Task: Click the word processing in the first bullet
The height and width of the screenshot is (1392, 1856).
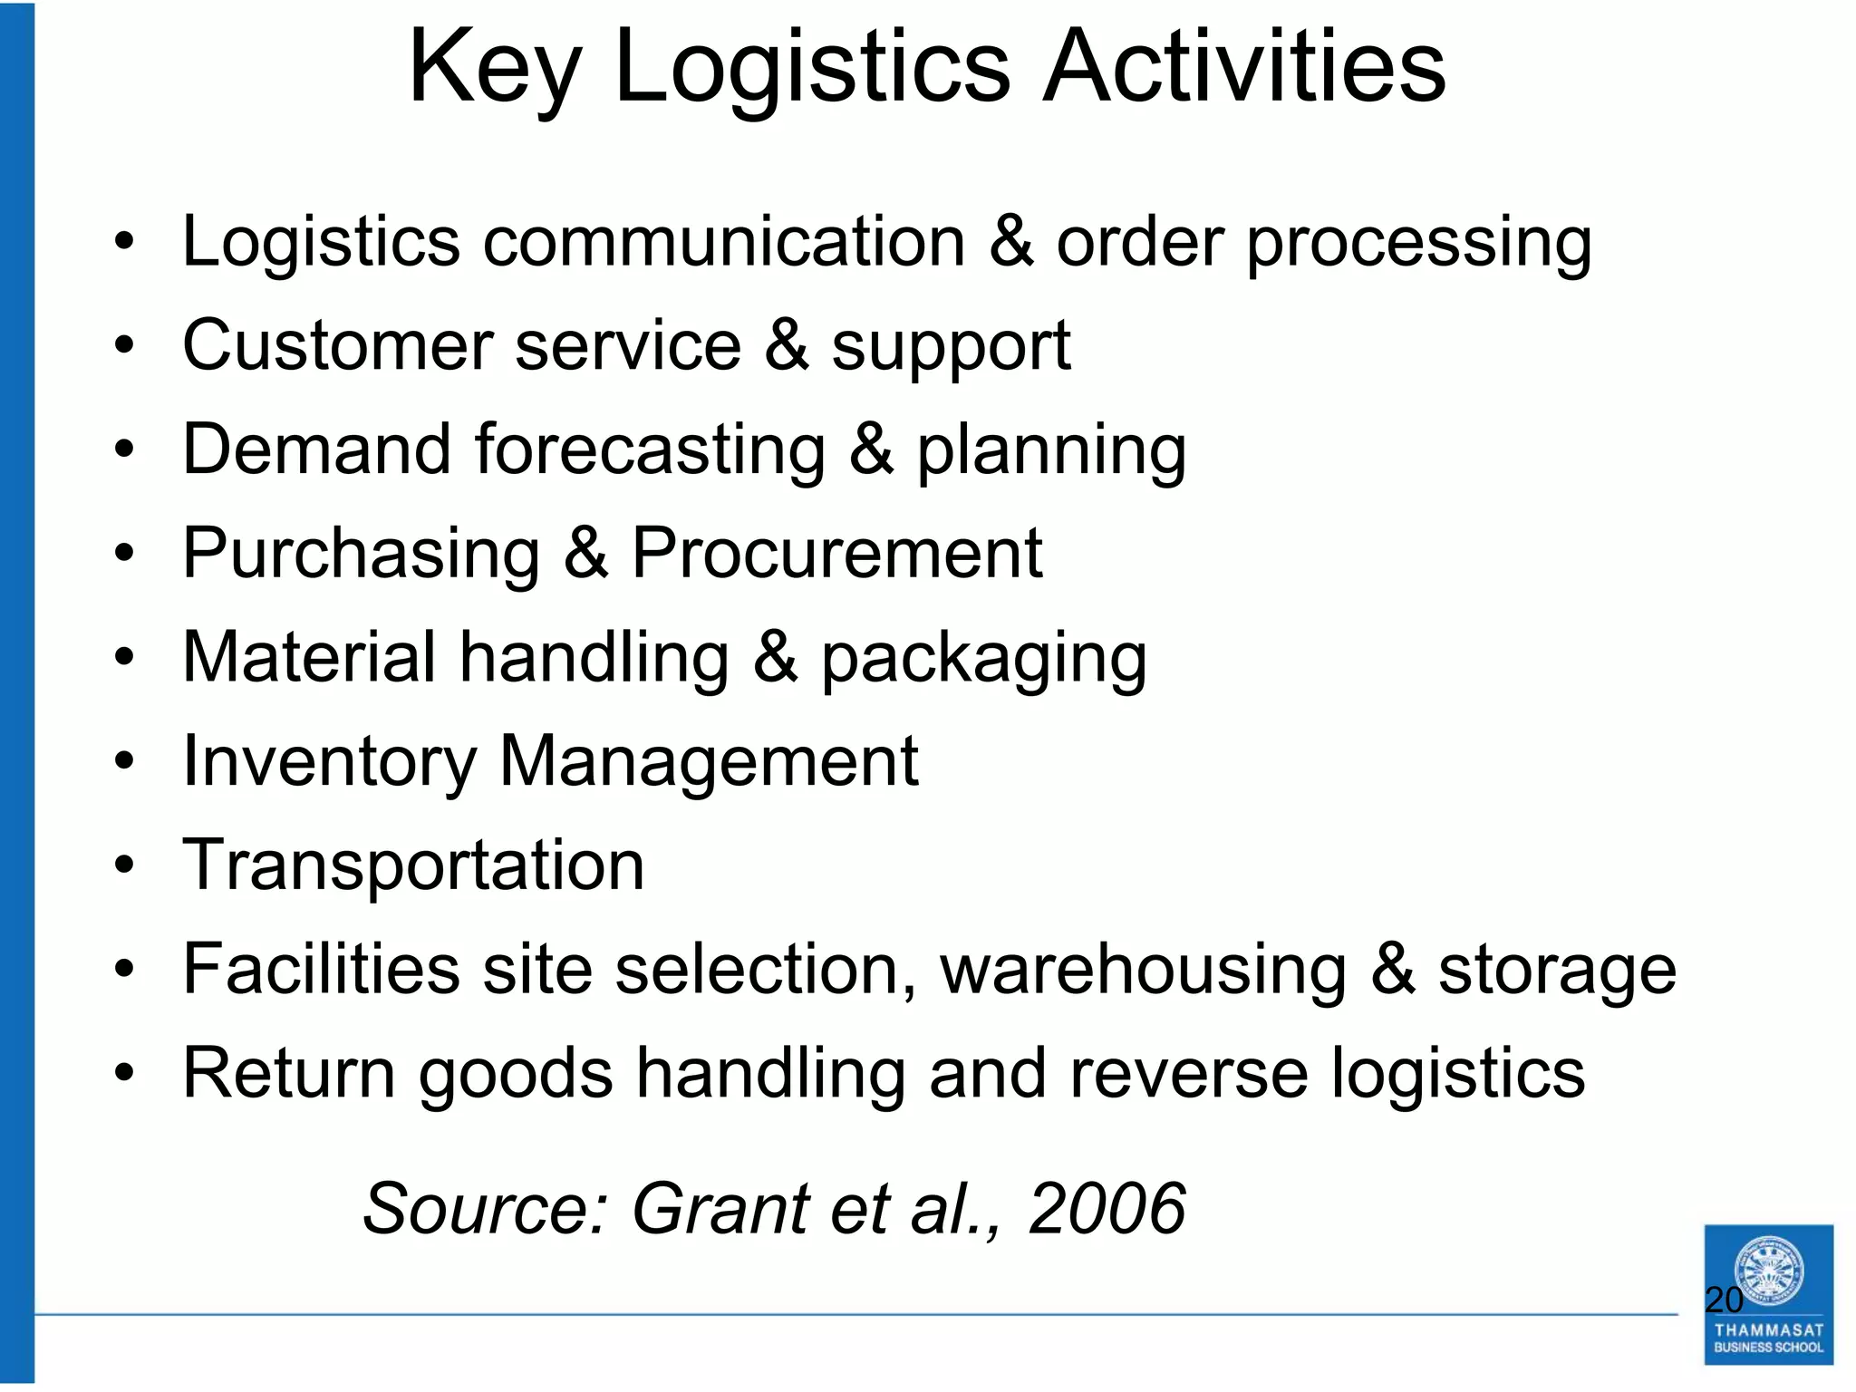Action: (x=1419, y=245)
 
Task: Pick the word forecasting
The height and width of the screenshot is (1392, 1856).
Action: (x=650, y=450)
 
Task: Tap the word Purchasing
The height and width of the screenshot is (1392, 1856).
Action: (x=361, y=555)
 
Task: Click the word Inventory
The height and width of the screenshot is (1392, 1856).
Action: (x=329, y=762)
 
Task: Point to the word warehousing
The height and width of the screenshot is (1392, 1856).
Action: (x=1144, y=971)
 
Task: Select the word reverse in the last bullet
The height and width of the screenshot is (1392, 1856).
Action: (x=1188, y=1074)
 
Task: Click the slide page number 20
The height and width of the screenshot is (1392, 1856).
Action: (x=1724, y=1300)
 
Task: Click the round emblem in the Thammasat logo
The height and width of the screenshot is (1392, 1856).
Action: (x=1768, y=1269)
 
